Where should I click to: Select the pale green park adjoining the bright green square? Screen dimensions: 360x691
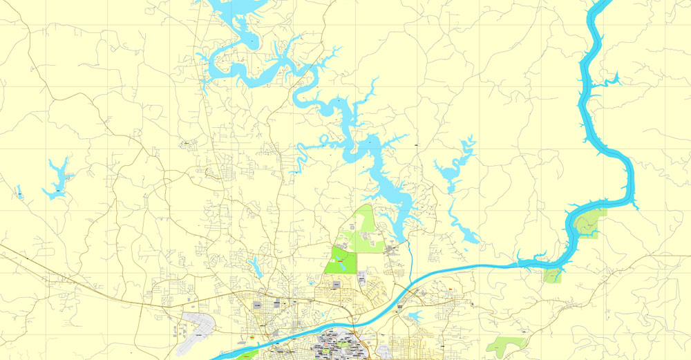tap(366, 228)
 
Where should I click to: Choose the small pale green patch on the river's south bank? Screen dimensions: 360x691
tap(552, 276)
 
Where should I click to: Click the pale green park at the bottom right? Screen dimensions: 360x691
tap(507, 344)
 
